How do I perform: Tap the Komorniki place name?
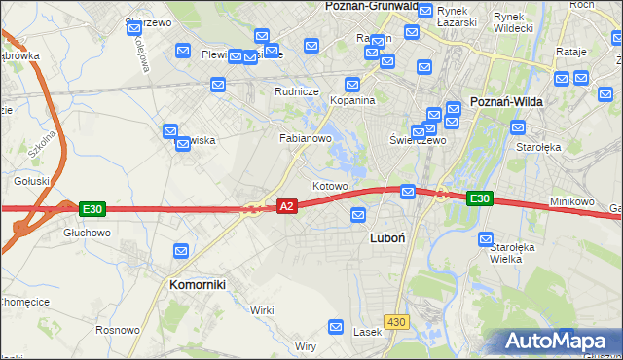pos(198,285)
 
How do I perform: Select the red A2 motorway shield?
pos(286,206)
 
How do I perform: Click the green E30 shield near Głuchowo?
pos(92,208)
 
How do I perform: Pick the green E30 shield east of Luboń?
pos(479,198)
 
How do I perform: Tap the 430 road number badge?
pos(396,321)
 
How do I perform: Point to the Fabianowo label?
pos(307,138)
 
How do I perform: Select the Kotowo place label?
pos(330,185)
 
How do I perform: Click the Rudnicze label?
pos(297,92)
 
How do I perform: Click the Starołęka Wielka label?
pos(513,254)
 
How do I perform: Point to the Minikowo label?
pos(571,201)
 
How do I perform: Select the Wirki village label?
pos(262,309)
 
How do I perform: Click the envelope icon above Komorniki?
pos(181,251)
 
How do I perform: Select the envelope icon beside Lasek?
pos(337,327)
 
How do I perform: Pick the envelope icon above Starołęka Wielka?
pos(487,238)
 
